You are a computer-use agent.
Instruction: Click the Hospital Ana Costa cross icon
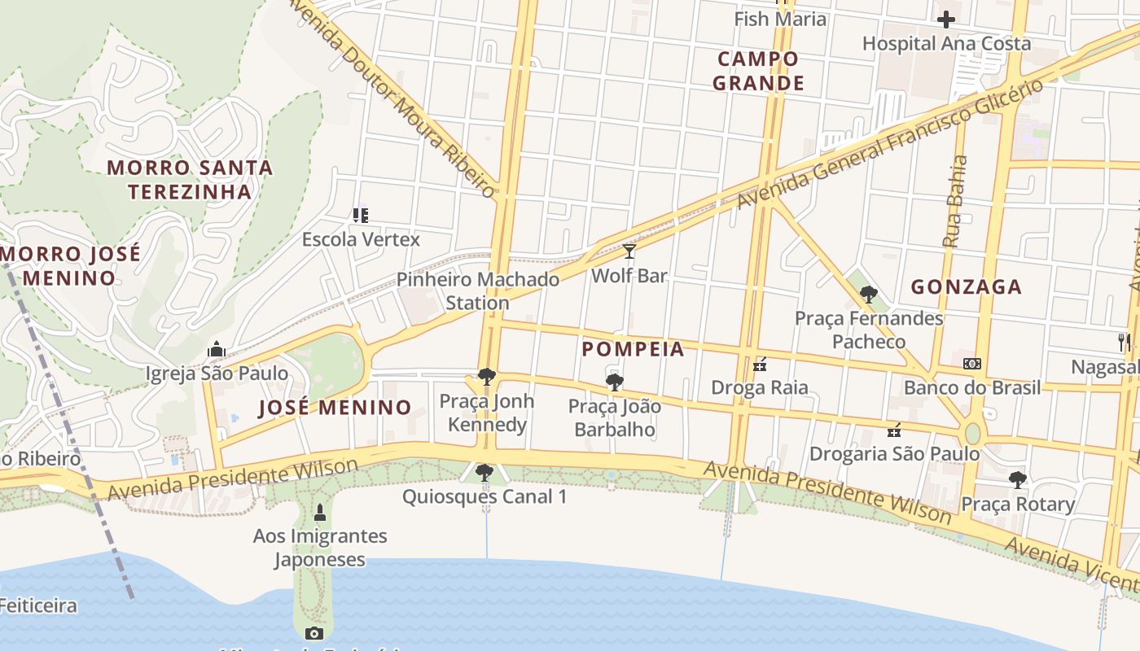tap(946, 19)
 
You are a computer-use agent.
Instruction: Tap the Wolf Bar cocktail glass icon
tap(629, 251)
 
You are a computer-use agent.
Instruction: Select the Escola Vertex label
tap(361, 239)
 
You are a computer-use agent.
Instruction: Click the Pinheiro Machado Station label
tap(478, 291)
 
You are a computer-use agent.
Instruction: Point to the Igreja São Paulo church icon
tap(216, 349)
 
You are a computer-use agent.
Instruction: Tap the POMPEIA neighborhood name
tap(633, 349)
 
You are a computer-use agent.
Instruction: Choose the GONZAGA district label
tap(966, 286)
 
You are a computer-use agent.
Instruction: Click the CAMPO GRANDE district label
tap(758, 71)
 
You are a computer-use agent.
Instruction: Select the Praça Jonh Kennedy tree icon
tap(487, 377)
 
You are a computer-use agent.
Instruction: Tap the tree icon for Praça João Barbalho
tap(615, 382)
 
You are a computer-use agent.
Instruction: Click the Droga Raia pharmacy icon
tap(760, 365)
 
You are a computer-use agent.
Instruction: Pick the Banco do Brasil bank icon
tap(971, 364)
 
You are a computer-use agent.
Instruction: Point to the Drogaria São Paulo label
tap(894, 453)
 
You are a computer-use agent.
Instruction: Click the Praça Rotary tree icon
tap(1017, 479)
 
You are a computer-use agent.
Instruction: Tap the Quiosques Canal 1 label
tap(484, 496)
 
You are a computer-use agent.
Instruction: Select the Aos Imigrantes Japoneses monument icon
tap(319, 513)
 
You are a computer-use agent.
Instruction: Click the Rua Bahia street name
tap(955, 201)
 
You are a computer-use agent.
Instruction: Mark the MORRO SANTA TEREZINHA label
tap(190, 180)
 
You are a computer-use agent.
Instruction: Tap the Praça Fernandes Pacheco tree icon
tap(869, 294)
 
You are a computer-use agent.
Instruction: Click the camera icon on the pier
tap(313, 633)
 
